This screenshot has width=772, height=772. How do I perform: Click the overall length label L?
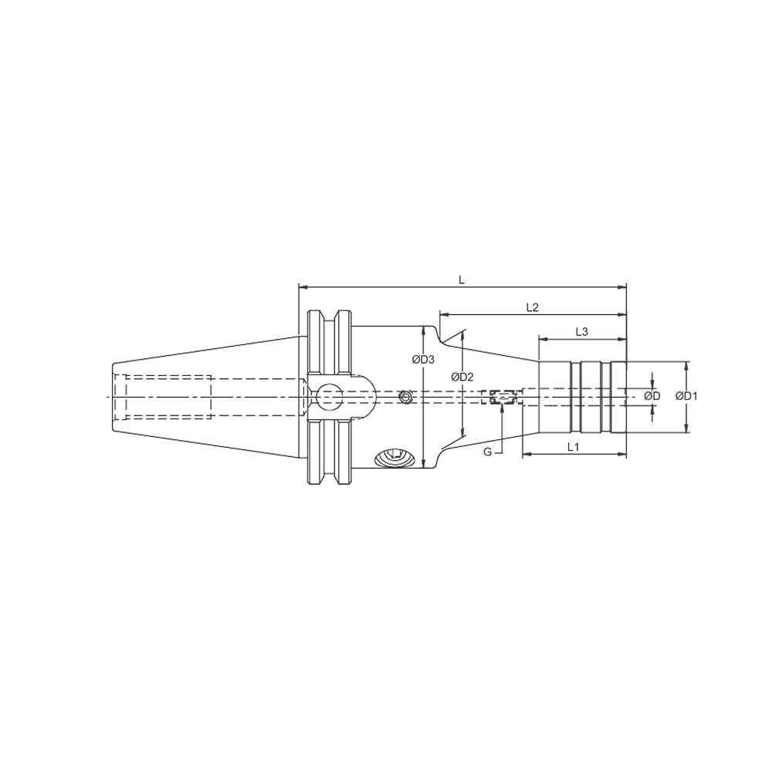(x=462, y=280)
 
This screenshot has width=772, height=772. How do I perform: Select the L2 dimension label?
(x=531, y=307)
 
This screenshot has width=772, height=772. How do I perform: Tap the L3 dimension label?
(x=582, y=332)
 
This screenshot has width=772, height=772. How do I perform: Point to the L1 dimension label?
(x=574, y=447)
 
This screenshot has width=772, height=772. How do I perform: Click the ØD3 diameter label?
(x=423, y=359)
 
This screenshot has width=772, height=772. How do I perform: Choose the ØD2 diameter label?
(x=462, y=377)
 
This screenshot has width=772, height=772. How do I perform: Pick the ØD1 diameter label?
(x=686, y=396)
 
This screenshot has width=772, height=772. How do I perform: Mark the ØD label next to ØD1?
(x=652, y=396)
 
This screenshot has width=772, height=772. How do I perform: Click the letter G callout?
(x=487, y=452)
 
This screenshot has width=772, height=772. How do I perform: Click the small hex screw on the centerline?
(x=405, y=397)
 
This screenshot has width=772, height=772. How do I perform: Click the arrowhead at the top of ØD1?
(x=686, y=364)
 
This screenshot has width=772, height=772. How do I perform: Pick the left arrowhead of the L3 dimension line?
(x=542, y=338)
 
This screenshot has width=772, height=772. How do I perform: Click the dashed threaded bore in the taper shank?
(x=162, y=397)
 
